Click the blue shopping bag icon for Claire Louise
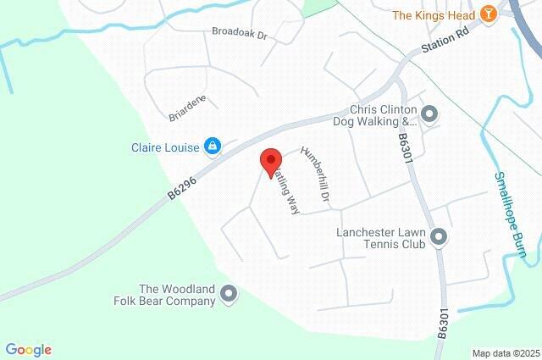click(213, 147)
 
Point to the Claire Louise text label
click(164, 147)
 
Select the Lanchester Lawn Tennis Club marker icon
click(439, 237)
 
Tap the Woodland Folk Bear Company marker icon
click(228, 294)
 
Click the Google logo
click(28, 349)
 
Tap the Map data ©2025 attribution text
click(505, 353)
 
